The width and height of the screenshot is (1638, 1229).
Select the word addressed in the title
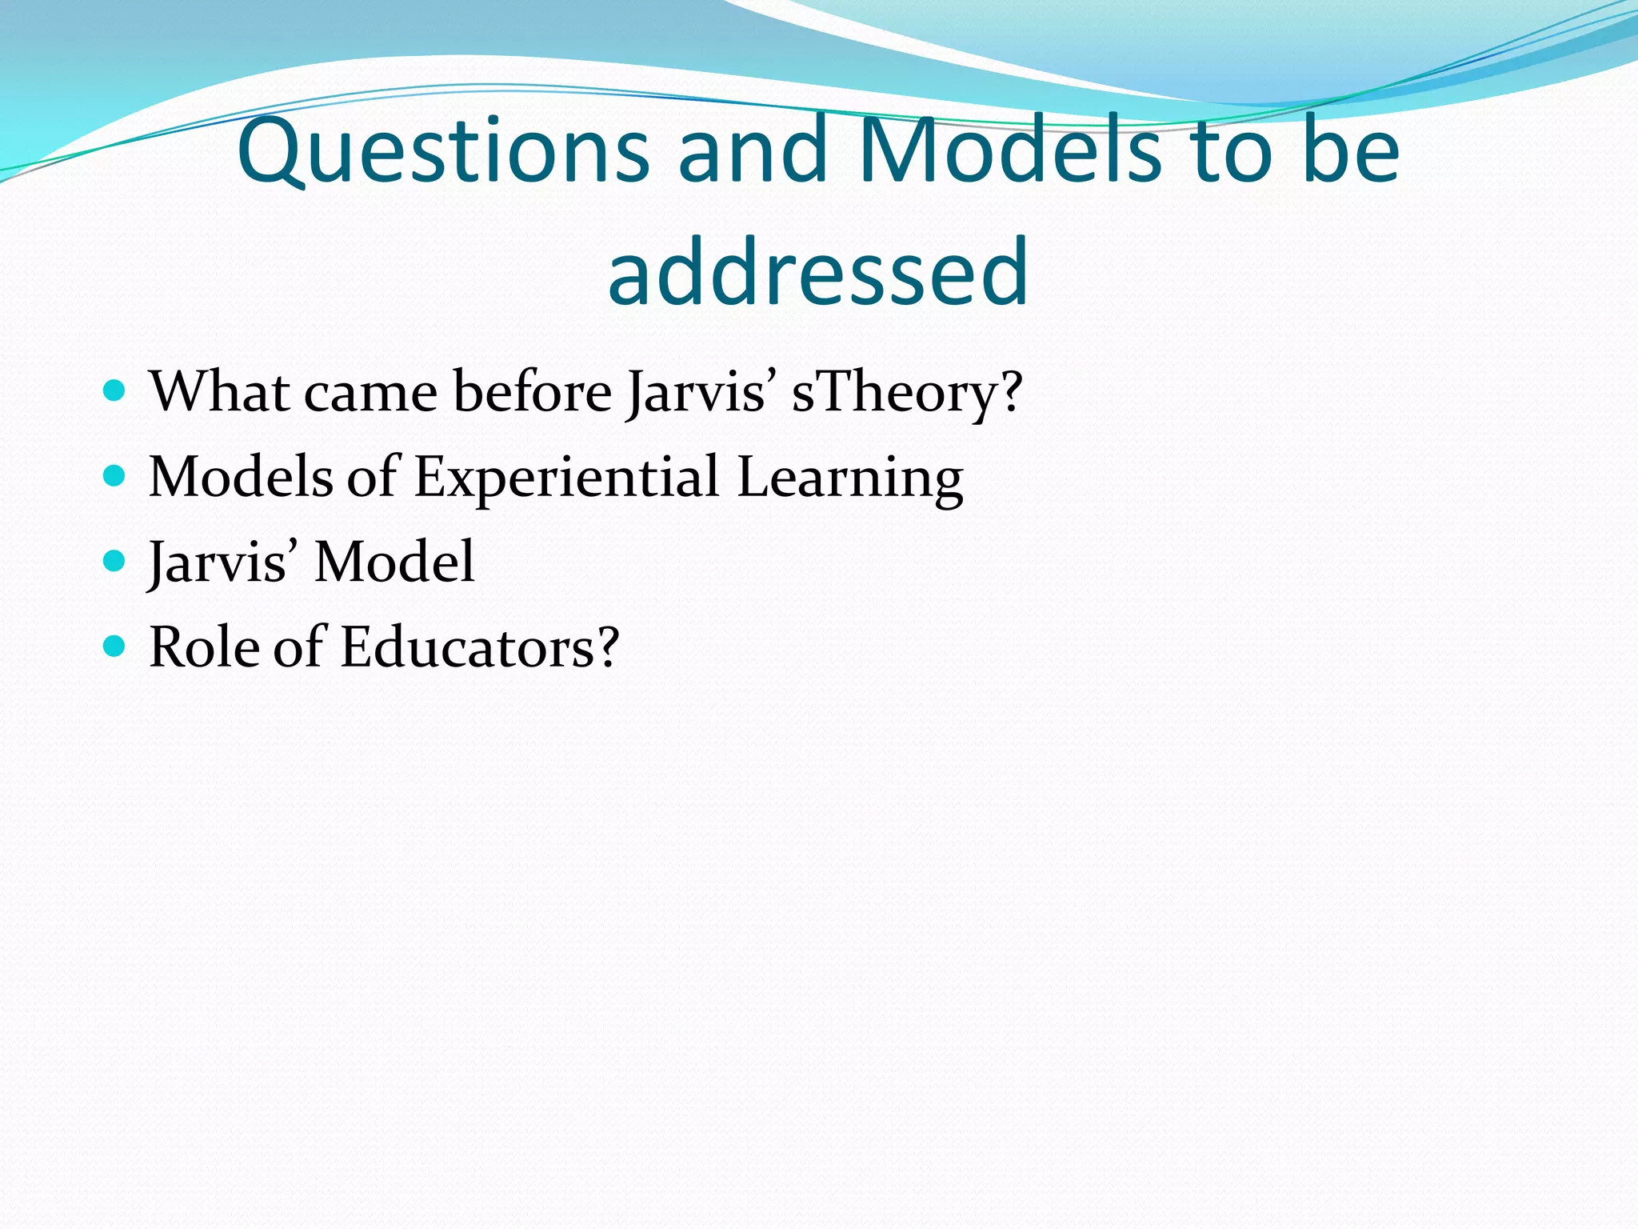click(x=818, y=272)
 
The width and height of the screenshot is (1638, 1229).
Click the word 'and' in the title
click(x=753, y=150)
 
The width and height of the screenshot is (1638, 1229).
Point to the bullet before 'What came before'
click(x=115, y=391)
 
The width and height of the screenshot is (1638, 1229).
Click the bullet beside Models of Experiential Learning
click(x=115, y=477)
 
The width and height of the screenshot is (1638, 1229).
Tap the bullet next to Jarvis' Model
click(x=115, y=562)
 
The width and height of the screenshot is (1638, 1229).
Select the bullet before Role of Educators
click(x=115, y=647)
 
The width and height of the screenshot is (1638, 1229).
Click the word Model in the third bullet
click(x=394, y=562)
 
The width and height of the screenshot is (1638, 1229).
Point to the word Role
click(x=202, y=647)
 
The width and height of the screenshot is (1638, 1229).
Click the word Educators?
click(x=479, y=647)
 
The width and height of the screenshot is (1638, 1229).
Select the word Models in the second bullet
click(x=240, y=478)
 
